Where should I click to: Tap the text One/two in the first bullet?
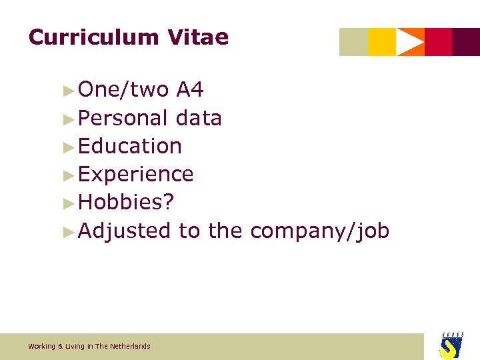[x=123, y=89]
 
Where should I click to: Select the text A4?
[x=190, y=89]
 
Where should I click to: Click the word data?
[x=199, y=118]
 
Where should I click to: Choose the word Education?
[x=130, y=146]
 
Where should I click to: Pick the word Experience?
[x=136, y=174]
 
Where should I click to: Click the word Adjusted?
[x=125, y=231]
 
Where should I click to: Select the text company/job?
[x=320, y=231]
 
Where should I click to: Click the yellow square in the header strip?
[x=382, y=42]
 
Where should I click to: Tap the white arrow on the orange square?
[x=410, y=42]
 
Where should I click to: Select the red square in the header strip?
[x=438, y=42]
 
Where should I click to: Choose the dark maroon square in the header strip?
[x=466, y=42]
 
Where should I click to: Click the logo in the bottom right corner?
[x=451, y=345]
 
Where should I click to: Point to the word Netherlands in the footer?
[x=131, y=346]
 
